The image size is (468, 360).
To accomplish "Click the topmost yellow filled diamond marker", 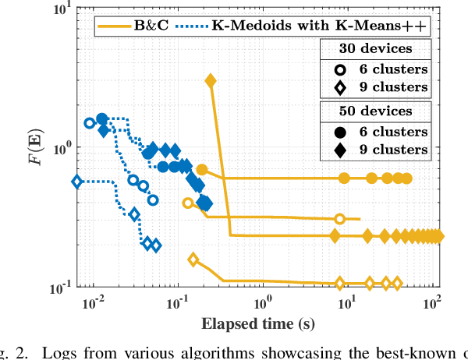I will [x=210, y=81].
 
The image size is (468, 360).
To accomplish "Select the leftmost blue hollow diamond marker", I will [x=76, y=182].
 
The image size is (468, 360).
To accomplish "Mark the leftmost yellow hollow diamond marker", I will [x=193, y=259].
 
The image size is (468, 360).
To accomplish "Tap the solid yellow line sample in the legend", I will [x=114, y=26].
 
